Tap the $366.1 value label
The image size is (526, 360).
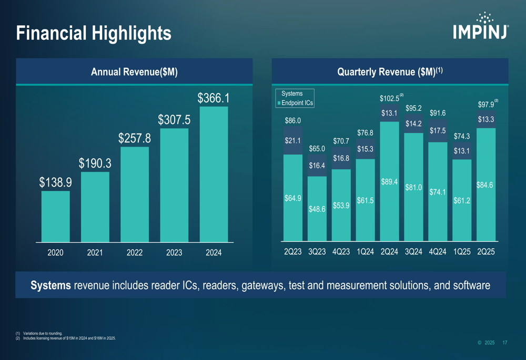pos(213,98)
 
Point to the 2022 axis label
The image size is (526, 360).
pos(135,253)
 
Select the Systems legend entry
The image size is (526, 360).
pos(292,94)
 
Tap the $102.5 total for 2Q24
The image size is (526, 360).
pos(390,99)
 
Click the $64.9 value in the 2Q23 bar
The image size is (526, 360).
pos(292,198)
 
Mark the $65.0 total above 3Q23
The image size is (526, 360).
pos(317,149)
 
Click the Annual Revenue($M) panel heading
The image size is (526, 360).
pos(134,72)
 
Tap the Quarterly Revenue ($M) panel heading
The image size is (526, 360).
pos(390,72)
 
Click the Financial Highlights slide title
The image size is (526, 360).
pos(94,33)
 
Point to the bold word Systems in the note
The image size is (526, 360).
pos(51,285)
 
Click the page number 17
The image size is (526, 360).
pos(504,343)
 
